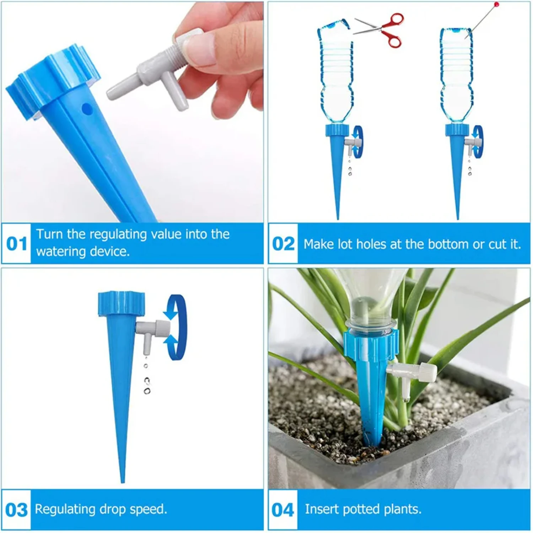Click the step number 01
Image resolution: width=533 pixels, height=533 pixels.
pyautogui.click(x=17, y=244)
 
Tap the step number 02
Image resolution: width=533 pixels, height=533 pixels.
pyautogui.click(x=283, y=244)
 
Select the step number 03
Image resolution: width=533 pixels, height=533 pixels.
pyautogui.click(x=16, y=510)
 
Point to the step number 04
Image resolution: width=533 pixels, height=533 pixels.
pyautogui.click(x=283, y=510)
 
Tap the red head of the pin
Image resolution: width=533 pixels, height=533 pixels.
pyautogui.click(x=496, y=4)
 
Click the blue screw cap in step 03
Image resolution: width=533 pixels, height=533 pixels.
pyautogui.click(x=122, y=303)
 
